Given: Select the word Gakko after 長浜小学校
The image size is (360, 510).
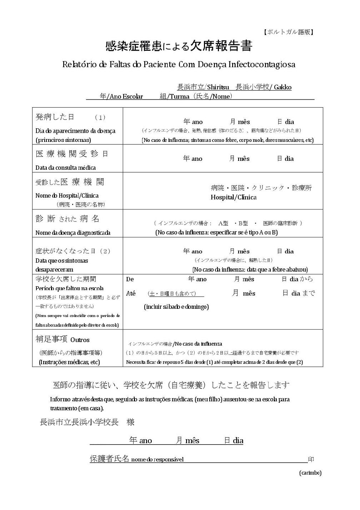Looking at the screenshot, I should click(283, 87).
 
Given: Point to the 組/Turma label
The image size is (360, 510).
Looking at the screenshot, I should click(175, 96).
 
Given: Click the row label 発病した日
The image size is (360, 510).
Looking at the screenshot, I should click(55, 117).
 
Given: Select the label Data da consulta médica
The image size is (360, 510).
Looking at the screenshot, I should click(65, 168).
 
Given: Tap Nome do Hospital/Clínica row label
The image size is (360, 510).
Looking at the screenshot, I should click(67, 195).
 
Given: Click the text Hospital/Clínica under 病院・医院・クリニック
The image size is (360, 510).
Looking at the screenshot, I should click(233, 197).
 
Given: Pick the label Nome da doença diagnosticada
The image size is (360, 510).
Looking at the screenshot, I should click(73, 233).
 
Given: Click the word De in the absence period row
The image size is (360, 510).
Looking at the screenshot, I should click(130, 279).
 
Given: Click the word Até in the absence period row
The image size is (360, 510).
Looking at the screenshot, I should click(131, 293).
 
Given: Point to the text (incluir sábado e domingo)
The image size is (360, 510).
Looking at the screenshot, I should click(176, 307).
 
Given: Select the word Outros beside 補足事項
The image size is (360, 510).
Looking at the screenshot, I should click(80, 340).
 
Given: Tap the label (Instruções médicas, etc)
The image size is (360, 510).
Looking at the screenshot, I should click(69, 362).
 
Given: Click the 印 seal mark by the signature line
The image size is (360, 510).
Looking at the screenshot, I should click(311, 460).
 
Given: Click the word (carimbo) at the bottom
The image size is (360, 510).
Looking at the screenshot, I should click(310, 473).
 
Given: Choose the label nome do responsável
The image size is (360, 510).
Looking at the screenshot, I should click(157, 460).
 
